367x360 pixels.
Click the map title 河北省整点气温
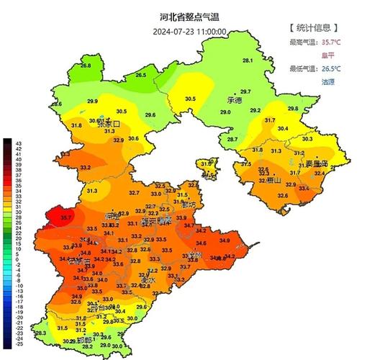(x=189, y=16)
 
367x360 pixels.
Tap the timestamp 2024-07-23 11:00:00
(x=189, y=32)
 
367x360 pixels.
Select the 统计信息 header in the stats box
(x=314, y=28)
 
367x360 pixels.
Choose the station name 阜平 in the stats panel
(x=327, y=55)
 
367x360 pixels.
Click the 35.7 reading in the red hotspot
(x=66, y=217)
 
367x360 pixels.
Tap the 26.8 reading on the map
(x=86, y=66)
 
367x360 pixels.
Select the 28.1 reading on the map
(x=248, y=60)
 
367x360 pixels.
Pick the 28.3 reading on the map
(x=40, y=333)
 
